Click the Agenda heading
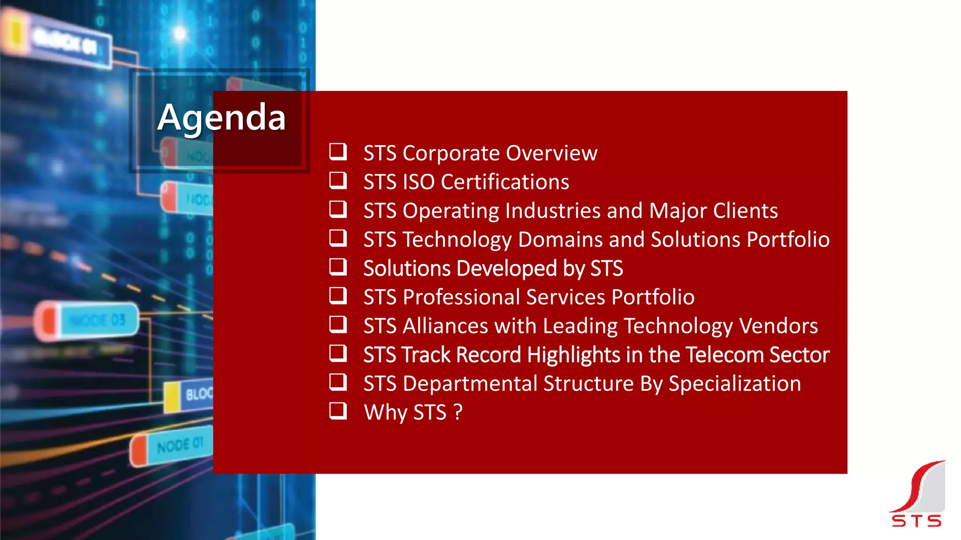pyautogui.click(x=221, y=118)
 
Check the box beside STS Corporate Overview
pyautogui.click(x=338, y=152)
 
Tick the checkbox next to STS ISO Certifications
pyautogui.click(x=338, y=180)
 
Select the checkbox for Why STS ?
pyautogui.click(x=338, y=411)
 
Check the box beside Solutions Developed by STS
pyautogui.click(x=338, y=267)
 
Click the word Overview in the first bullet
pyautogui.click(x=551, y=153)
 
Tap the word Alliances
pyautogui.click(x=445, y=326)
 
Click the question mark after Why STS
pyautogui.click(x=458, y=412)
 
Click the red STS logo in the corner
pyautogui.click(x=917, y=495)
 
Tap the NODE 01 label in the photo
pyautogui.click(x=179, y=445)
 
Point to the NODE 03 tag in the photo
pyautogui.click(x=98, y=321)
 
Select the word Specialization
pyautogui.click(x=734, y=384)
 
